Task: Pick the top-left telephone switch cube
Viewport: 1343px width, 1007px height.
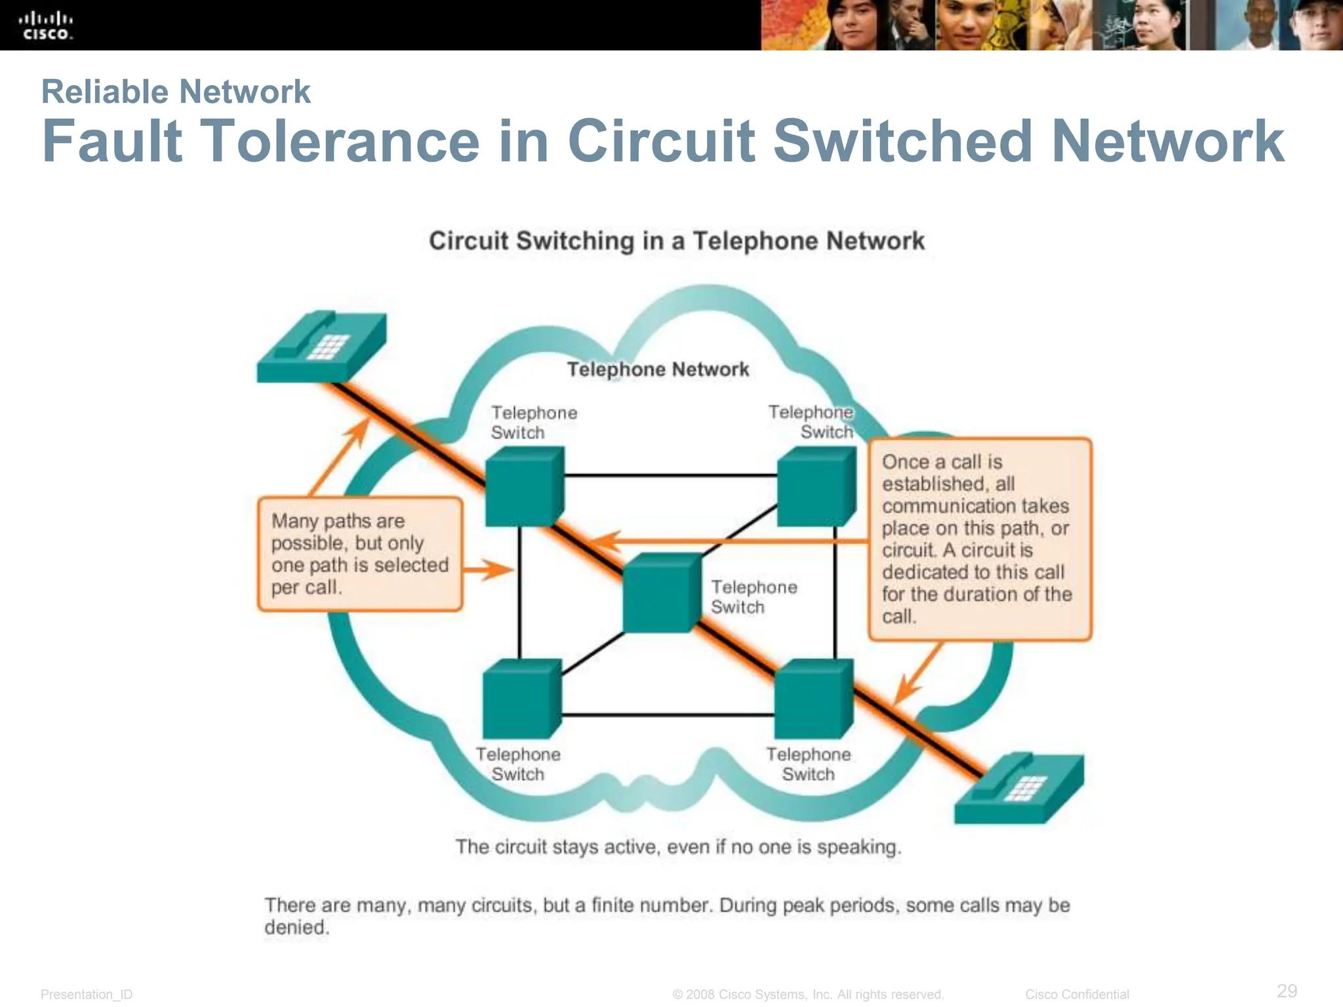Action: pyautogui.click(x=523, y=487)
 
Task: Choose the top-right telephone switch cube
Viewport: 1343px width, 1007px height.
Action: pyautogui.click(x=816, y=487)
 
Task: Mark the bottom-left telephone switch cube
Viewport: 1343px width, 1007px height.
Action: pyautogui.click(x=521, y=699)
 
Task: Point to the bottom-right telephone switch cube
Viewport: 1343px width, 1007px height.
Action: pyautogui.click(x=813, y=699)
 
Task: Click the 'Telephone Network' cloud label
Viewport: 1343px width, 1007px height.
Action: pyautogui.click(x=658, y=370)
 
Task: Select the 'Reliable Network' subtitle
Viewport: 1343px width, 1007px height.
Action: pyautogui.click(x=176, y=92)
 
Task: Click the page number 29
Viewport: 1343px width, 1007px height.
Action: pyautogui.click(x=1287, y=990)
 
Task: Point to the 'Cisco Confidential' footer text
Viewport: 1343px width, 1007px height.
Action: pyautogui.click(x=1077, y=995)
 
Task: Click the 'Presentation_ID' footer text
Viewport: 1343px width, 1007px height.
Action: pyautogui.click(x=87, y=995)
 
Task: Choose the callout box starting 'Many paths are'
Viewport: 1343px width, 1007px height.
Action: pyautogui.click(x=360, y=555)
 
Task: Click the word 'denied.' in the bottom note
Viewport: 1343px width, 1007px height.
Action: pyautogui.click(x=296, y=928)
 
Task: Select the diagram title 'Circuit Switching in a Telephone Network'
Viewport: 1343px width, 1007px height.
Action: pyautogui.click(x=676, y=241)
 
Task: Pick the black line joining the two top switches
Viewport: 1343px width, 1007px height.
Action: pyautogui.click(x=670, y=475)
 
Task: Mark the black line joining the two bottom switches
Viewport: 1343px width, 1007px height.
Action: pyautogui.click(x=668, y=715)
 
